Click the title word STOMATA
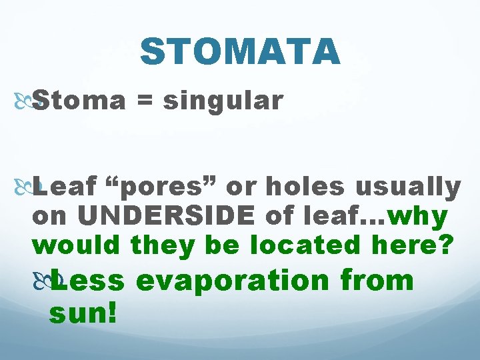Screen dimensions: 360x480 (240, 51)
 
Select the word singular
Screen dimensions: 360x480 (223, 101)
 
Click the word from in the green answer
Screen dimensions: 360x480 (377, 279)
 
